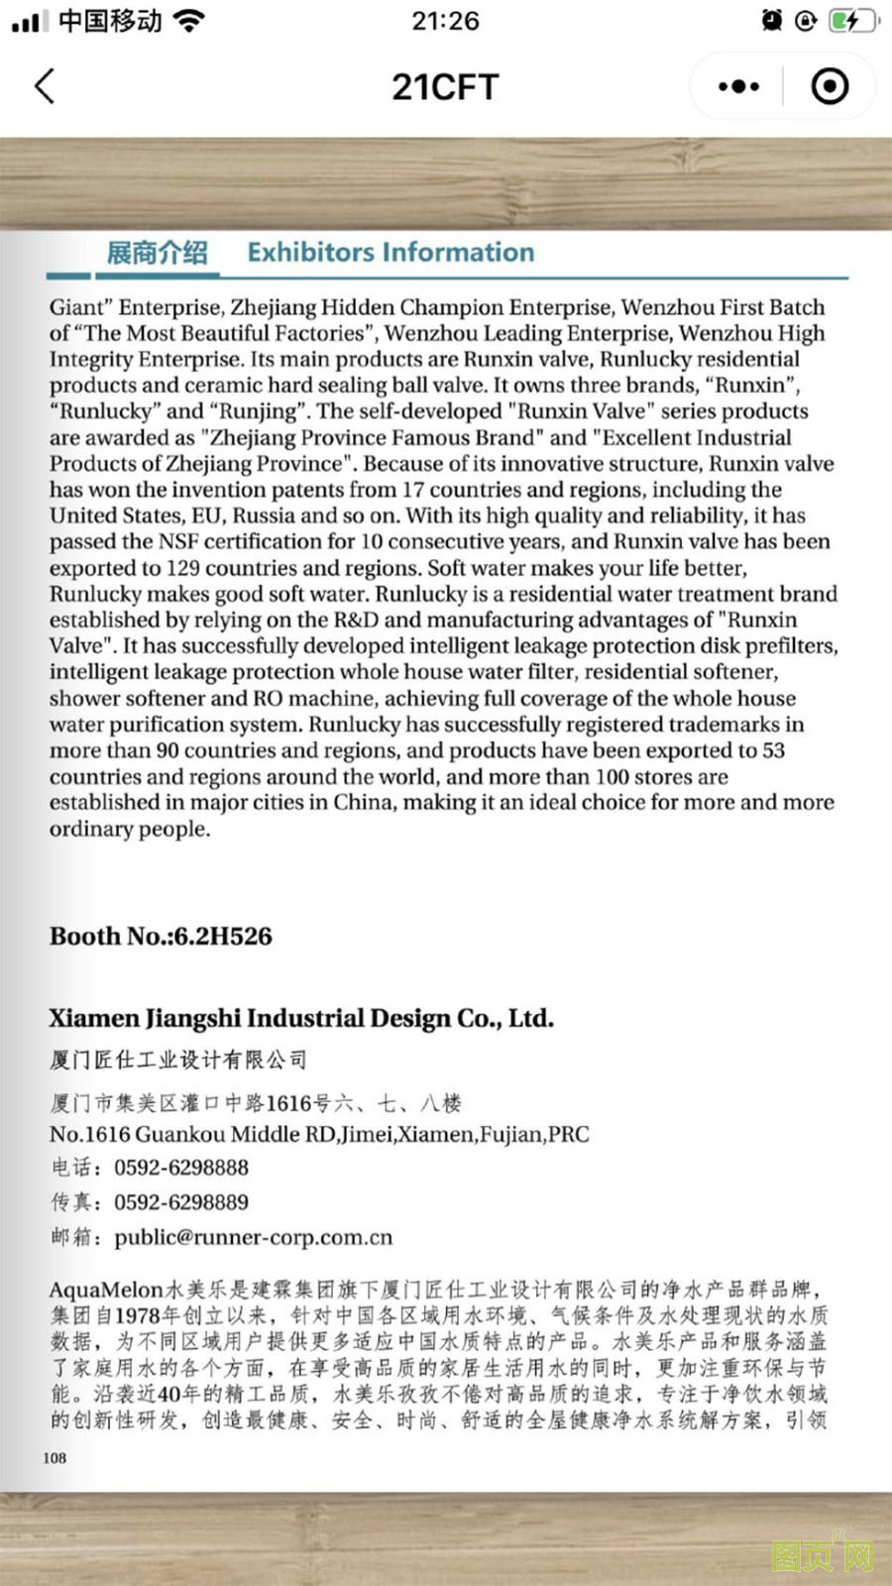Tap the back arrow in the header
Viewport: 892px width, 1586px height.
pyautogui.click(x=45, y=87)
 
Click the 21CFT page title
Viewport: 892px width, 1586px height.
pyautogui.click(x=445, y=87)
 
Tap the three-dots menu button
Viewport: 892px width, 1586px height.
pyautogui.click(x=738, y=87)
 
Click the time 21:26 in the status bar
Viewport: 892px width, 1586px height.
pyautogui.click(x=445, y=21)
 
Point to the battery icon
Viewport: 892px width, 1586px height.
pyautogui.click(x=851, y=21)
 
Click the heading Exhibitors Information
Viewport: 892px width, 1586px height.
pyautogui.click(x=390, y=253)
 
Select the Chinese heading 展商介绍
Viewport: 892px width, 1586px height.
pyautogui.click(x=157, y=253)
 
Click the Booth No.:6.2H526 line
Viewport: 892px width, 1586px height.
pyautogui.click(x=161, y=936)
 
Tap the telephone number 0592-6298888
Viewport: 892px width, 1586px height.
pyautogui.click(x=181, y=1168)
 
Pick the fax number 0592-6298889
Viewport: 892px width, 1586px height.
pyautogui.click(x=181, y=1202)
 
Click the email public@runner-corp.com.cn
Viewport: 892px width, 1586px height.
pyautogui.click(x=254, y=1237)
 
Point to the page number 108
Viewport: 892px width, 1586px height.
pyautogui.click(x=55, y=1457)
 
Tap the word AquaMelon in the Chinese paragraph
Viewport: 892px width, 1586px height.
pyautogui.click(x=106, y=1290)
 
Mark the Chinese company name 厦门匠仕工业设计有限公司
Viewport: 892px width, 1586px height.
pyautogui.click(x=178, y=1060)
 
